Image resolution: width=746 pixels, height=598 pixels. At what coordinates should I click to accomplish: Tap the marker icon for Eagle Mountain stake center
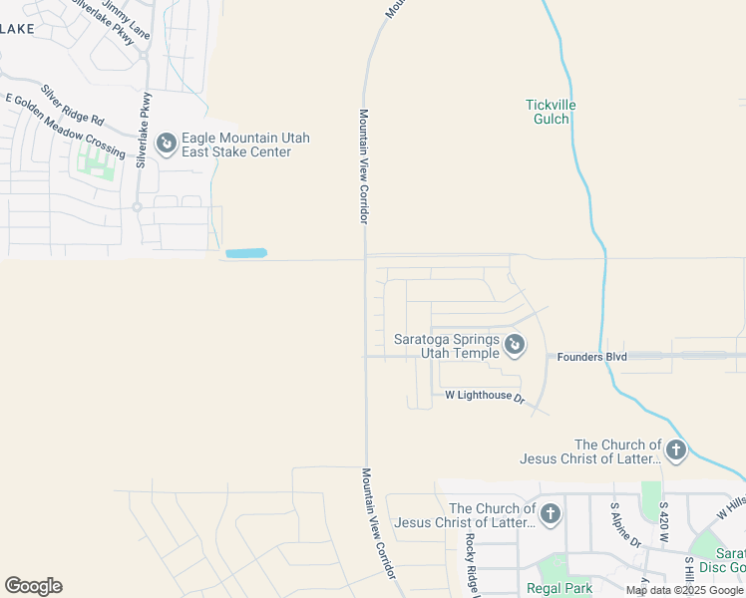167,145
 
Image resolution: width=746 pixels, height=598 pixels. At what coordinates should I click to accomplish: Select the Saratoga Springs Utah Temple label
445,346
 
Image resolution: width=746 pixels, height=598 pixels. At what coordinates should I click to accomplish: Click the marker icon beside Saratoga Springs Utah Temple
515,346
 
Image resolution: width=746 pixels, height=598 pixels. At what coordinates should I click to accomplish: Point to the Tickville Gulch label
551,112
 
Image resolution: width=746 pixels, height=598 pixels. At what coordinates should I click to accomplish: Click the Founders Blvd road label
591,356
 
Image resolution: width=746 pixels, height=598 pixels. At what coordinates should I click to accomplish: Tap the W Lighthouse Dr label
485,396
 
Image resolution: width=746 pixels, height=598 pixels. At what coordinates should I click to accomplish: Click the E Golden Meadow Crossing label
65,126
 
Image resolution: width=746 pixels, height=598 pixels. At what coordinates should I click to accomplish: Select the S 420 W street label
663,522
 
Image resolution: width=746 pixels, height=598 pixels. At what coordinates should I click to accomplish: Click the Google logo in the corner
33,586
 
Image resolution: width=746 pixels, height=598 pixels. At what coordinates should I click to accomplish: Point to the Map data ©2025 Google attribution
685,590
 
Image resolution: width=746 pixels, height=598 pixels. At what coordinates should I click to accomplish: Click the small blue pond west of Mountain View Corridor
246,253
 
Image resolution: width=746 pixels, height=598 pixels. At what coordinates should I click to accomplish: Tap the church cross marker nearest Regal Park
551,515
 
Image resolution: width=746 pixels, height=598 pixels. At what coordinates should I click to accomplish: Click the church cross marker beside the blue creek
675,451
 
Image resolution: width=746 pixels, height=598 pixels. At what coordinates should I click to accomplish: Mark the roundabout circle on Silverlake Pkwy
137,207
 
